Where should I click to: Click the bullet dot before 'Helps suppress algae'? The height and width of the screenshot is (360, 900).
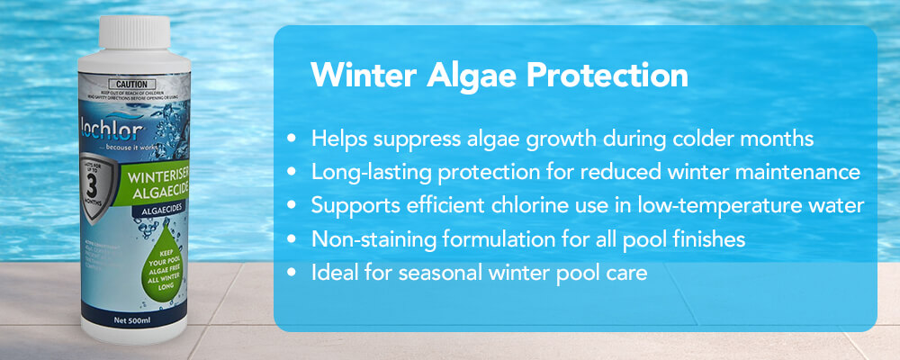click(291, 139)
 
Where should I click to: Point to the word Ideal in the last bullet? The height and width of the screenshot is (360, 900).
click(332, 272)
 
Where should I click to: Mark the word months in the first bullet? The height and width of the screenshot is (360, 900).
click(779, 139)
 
